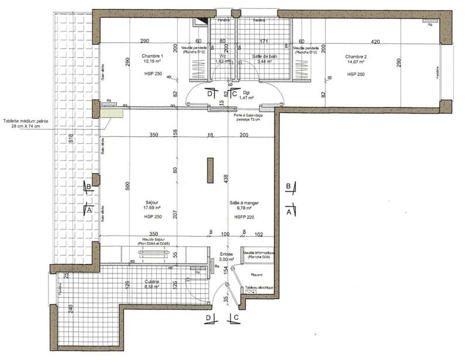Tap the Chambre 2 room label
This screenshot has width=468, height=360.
click(x=356, y=57)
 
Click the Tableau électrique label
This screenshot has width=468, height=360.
click(x=259, y=288)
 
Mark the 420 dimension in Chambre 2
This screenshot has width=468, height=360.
click(x=374, y=41)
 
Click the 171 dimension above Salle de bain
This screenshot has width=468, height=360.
click(x=263, y=41)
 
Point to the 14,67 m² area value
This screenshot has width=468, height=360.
click(x=356, y=62)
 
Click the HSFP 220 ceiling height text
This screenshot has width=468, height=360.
click(x=243, y=217)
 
